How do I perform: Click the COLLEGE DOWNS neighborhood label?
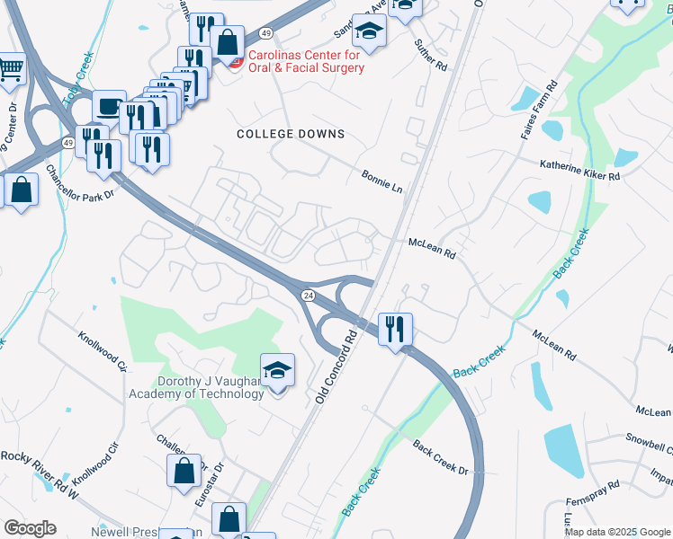291,134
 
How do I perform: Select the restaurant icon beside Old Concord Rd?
395,329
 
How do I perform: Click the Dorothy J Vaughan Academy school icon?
277,369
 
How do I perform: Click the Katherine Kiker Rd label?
580,171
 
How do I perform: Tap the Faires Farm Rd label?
540,110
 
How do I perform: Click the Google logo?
29,528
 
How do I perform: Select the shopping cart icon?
11,67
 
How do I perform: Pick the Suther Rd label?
430,55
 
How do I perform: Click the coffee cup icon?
109,106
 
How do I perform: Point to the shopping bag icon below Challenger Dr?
184,471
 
